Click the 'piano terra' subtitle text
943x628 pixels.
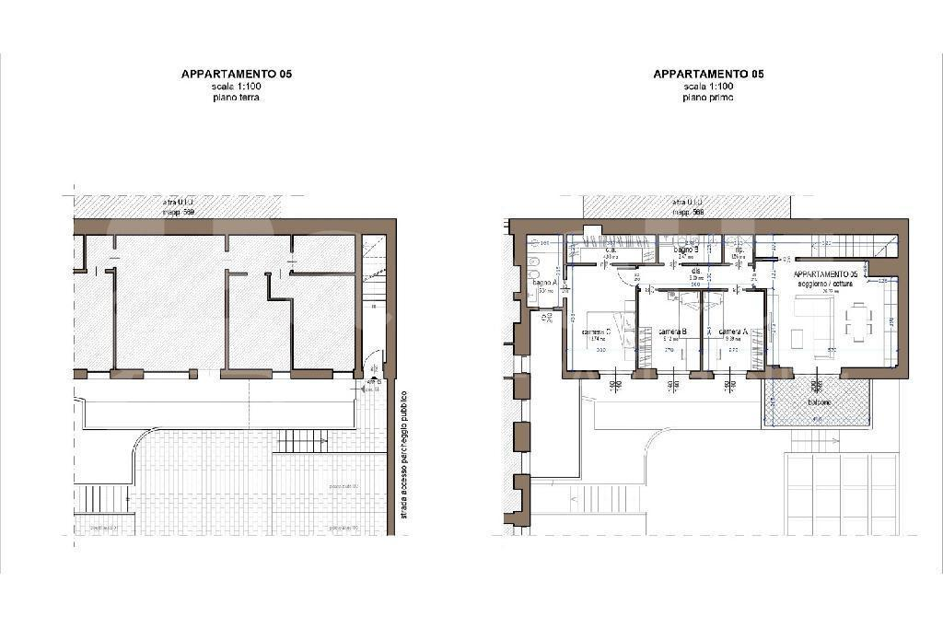236,97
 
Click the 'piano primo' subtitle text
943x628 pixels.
708,97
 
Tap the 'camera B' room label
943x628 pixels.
671,331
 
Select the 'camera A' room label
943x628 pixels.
733,331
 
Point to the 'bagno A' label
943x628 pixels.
544,282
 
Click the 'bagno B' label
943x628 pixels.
686,250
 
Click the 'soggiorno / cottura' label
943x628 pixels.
825,284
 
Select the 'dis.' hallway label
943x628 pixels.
696,271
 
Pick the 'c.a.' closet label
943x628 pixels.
611,250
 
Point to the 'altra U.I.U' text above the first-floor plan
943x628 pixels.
687,202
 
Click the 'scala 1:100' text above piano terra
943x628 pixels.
236,86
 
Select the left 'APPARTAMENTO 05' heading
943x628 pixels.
236,74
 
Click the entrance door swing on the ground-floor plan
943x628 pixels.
371,363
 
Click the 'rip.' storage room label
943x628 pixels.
739,250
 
